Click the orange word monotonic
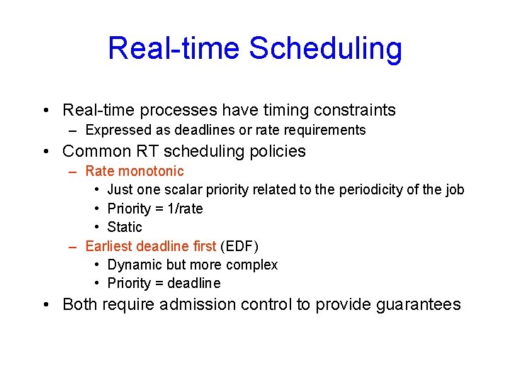[x=151, y=171]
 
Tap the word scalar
[x=186, y=189]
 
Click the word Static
[x=125, y=227]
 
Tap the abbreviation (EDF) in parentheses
[x=239, y=246]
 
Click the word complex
[x=254, y=265]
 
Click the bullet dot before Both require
[x=45, y=305]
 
